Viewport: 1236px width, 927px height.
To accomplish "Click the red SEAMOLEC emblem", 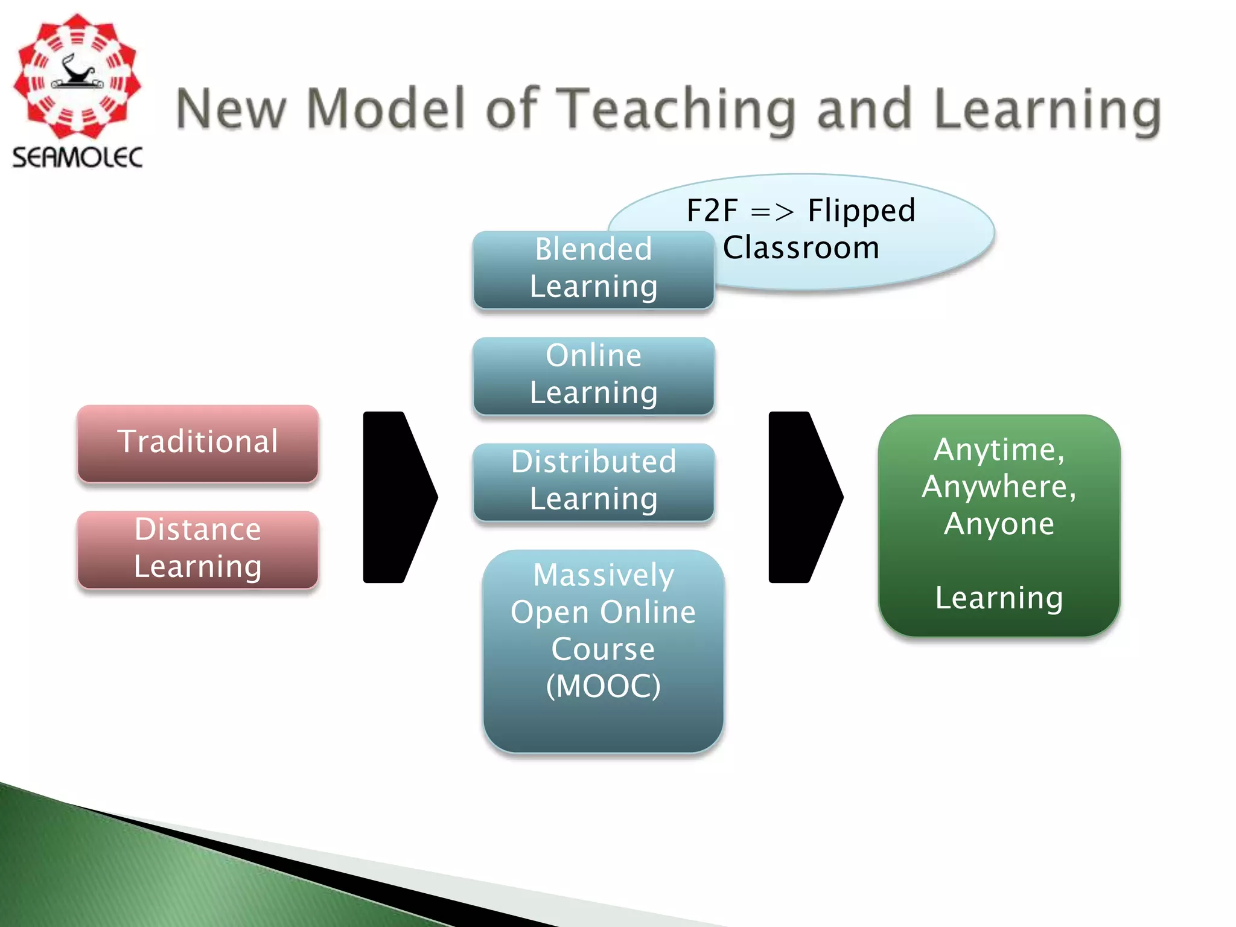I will pyautogui.click(x=77, y=77).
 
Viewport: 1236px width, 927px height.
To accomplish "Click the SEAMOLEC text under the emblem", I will pyautogui.click(x=77, y=158).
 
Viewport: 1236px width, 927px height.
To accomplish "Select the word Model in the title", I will pyautogui.click(x=386, y=109).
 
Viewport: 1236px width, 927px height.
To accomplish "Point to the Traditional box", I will pyautogui.click(x=198, y=442).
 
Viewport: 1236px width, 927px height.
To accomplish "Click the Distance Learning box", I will pyautogui.click(x=198, y=549).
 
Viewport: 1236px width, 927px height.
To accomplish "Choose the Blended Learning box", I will pyautogui.click(x=594, y=269).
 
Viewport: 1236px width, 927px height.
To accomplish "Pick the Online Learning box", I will pyautogui.click(x=594, y=375).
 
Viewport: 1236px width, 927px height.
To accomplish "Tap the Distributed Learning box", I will pyautogui.click(x=594, y=481).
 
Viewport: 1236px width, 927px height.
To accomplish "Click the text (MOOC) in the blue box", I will pyautogui.click(x=604, y=686).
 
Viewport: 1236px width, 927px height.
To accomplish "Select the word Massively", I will pyautogui.click(x=604, y=575).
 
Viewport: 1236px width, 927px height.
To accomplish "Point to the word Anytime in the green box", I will pyautogui.click(x=999, y=450).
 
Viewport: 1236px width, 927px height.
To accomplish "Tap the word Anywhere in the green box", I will pyautogui.click(x=999, y=487).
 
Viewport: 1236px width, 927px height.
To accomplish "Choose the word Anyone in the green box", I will pyautogui.click(x=999, y=524).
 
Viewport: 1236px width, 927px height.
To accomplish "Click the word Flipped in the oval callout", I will pyautogui.click(x=861, y=211).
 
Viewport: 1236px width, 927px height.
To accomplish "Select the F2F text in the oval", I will pyautogui.click(x=712, y=211).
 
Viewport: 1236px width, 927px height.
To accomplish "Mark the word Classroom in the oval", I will pyautogui.click(x=801, y=248).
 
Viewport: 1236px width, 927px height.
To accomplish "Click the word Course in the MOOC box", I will pyautogui.click(x=604, y=649).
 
